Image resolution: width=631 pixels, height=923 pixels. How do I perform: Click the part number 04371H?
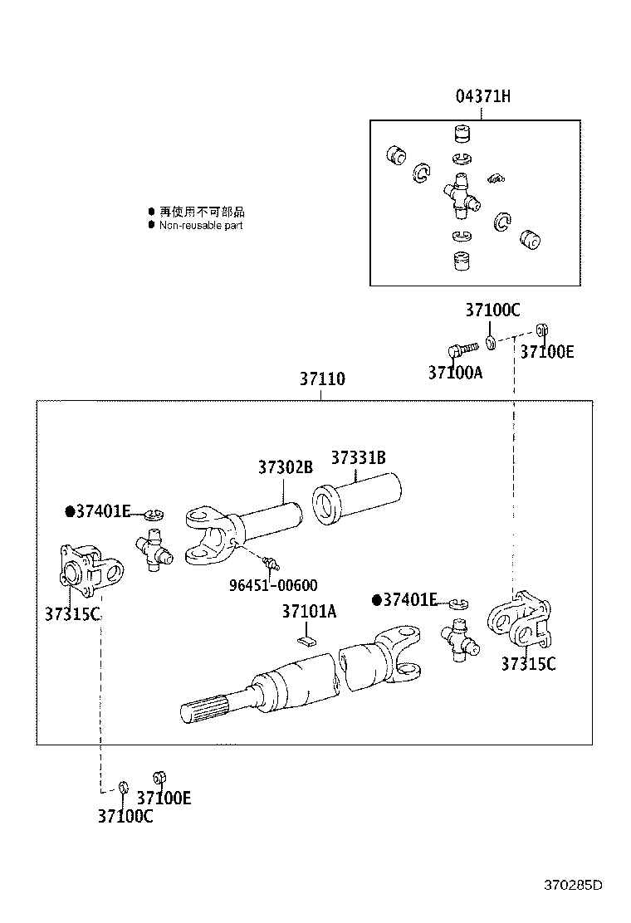point(482,96)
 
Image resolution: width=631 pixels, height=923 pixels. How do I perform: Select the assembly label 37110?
point(322,379)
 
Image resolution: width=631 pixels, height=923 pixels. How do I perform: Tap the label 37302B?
point(285,467)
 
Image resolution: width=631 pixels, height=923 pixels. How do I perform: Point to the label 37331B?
point(358,457)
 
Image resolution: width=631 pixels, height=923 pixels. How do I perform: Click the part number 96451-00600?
point(273,585)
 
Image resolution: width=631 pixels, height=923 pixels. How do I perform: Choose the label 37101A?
point(309,612)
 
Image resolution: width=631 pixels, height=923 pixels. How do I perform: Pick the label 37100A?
point(455,373)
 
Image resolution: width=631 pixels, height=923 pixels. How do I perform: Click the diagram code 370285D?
point(574,885)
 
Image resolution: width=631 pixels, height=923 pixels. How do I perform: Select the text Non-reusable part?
point(201,225)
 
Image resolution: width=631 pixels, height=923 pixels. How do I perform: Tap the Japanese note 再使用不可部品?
point(202,212)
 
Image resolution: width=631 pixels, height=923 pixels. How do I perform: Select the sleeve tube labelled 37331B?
point(356,496)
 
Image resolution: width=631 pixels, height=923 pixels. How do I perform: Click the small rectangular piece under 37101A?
point(306,640)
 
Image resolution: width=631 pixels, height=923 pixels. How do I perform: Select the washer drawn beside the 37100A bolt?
point(491,342)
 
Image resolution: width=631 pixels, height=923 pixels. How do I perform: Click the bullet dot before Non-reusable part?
point(151,225)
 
